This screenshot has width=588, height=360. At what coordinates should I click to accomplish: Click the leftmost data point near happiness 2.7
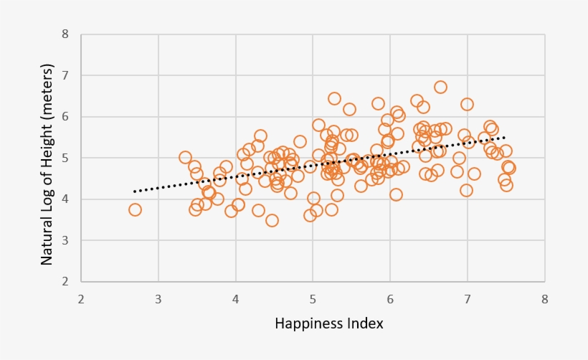pyautogui.click(x=135, y=209)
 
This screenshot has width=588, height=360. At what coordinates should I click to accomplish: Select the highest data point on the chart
pyautogui.click(x=440, y=87)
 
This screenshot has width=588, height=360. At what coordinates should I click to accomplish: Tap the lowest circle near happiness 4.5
pyautogui.click(x=272, y=220)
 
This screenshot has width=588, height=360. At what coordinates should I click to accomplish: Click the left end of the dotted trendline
pyautogui.click(x=135, y=191)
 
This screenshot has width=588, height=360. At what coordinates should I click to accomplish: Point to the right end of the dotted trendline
pyautogui.click(x=506, y=137)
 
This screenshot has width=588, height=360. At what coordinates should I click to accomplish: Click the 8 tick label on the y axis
pyautogui.click(x=66, y=34)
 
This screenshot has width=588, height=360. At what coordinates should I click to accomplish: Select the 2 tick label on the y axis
pyautogui.click(x=66, y=281)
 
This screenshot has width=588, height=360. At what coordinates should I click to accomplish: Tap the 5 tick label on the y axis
pyautogui.click(x=66, y=158)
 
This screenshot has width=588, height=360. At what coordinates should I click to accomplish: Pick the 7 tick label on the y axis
pyautogui.click(x=66, y=75)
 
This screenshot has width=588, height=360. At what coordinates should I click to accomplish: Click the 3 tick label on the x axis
pyautogui.click(x=158, y=298)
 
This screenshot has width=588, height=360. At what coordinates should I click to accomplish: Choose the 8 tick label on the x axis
pyautogui.click(x=545, y=298)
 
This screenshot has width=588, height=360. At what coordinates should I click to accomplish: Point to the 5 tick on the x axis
pyautogui.click(x=313, y=298)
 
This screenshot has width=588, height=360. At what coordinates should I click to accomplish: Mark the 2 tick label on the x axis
pyautogui.click(x=81, y=298)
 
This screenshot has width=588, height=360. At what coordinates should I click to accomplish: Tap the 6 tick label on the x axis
pyautogui.click(x=390, y=298)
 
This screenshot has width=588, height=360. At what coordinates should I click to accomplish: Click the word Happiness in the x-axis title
pyautogui.click(x=308, y=324)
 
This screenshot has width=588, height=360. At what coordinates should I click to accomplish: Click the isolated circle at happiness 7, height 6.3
pyautogui.click(x=467, y=104)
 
